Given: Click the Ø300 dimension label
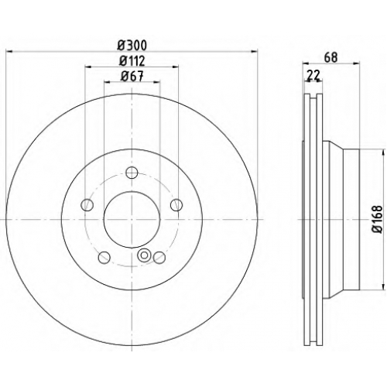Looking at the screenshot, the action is pyautogui.click(x=132, y=46).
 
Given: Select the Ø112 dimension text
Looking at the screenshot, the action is pyautogui.click(x=132, y=61).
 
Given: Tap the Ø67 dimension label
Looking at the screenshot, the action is pyautogui.click(x=132, y=77).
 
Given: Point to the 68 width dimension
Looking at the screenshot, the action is pyautogui.click(x=330, y=57).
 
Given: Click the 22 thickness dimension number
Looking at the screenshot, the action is pyautogui.click(x=313, y=75).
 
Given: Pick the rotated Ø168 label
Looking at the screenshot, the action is pyautogui.click(x=378, y=219).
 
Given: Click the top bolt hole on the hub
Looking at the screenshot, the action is pyautogui.click(x=132, y=173).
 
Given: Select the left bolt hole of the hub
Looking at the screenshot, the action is pyautogui.click(x=87, y=205).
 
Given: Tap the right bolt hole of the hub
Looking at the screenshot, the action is pyautogui.click(x=176, y=205).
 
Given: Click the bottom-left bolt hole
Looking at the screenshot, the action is pyautogui.click(x=104, y=258).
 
